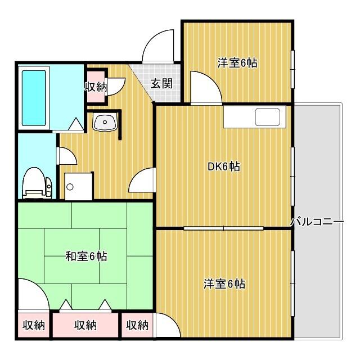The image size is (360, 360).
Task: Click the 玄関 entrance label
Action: pos(161,84)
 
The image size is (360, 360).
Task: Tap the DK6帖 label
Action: pos(224,166)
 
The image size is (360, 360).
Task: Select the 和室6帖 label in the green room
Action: pos(85,256)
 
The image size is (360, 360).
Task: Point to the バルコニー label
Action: pos(317,222)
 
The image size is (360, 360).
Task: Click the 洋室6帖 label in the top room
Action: pos(237,63)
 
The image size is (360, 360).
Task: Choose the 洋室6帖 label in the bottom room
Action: pos(224,283)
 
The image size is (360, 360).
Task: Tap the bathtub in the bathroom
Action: pos(35,97)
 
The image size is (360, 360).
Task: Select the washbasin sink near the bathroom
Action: pos(104,122)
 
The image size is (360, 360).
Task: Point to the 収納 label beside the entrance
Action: pos(96,87)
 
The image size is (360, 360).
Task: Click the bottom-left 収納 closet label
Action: pos(33,325)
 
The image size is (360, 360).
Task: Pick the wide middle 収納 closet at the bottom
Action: pos(85,325)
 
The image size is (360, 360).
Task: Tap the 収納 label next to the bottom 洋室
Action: pos(137,325)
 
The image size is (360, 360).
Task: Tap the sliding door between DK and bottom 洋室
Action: pos(224,228)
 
